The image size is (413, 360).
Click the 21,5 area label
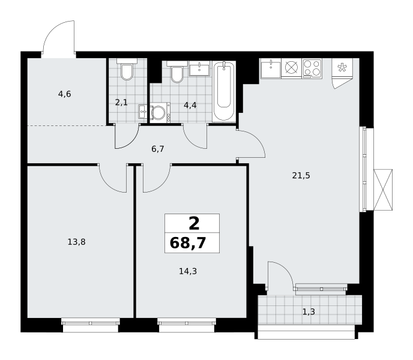coord(301,175)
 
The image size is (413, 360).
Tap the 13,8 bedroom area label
coord(76,242)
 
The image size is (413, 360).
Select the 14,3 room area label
coord(188,271)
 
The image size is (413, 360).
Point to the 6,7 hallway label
coord(158,149)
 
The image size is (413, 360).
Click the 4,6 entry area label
coord(65,94)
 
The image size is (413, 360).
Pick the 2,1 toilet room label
coord(121,102)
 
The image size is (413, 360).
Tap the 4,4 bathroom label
coord(190,106)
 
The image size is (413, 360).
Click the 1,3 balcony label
coord(309,312)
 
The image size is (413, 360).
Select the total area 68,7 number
coord(188,242)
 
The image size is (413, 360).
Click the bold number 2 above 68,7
coord(194,224)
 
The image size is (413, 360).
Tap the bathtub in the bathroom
coord(224,91)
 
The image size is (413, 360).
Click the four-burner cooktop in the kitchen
coord(312,68)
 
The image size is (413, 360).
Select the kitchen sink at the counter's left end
coord(271,68)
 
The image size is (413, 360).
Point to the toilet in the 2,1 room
coord(127,70)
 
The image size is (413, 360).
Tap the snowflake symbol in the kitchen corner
coord(342,68)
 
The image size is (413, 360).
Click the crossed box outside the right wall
coord(383,190)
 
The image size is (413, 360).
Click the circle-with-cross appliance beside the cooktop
coord(291,67)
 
